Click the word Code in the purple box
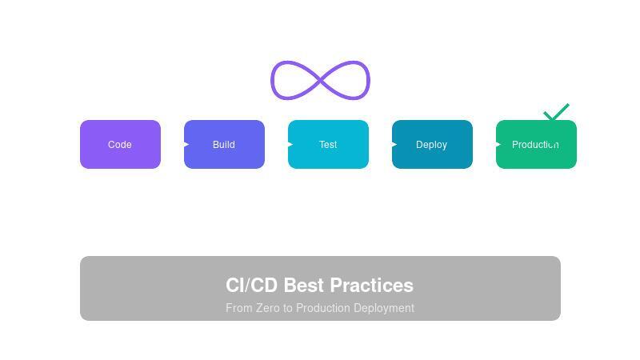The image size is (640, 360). coord(120,145)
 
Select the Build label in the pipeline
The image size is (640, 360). coord(224,145)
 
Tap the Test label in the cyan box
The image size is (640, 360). coord(328,145)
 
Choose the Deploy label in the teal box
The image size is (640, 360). coord(431,145)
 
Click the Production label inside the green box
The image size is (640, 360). coord(535,145)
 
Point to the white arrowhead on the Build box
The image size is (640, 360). coord(186,145)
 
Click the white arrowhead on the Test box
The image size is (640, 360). coord(290,145)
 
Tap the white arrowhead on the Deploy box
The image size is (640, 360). coord(394,145)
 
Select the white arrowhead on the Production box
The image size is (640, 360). coord(498,145)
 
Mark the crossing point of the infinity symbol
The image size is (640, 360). coord(320,80)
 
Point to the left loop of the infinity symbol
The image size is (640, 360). coord(274,80)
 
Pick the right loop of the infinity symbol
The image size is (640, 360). coord(367,80)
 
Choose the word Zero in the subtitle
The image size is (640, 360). coord(269,308)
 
